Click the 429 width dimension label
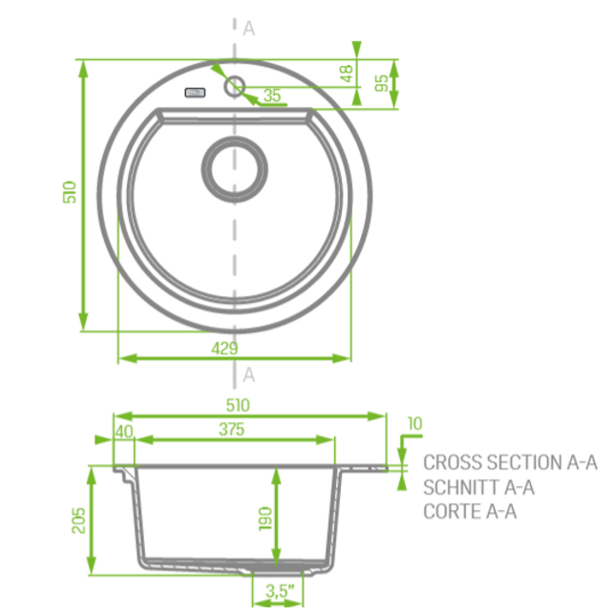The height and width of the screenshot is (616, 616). click(x=224, y=349)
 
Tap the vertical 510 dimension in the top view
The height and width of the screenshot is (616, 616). click(x=70, y=192)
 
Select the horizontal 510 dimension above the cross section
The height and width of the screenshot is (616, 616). click(x=238, y=405)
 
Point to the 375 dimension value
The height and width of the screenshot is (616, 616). click(x=231, y=429)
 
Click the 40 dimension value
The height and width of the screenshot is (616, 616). click(x=124, y=432)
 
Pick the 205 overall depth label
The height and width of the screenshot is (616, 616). click(x=78, y=520)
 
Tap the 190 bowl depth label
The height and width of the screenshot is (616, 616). click(x=266, y=519)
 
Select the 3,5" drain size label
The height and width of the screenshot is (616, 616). click(x=280, y=591)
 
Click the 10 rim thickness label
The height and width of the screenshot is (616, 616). click(x=414, y=423)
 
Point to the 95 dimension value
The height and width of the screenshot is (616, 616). click(x=381, y=83)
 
